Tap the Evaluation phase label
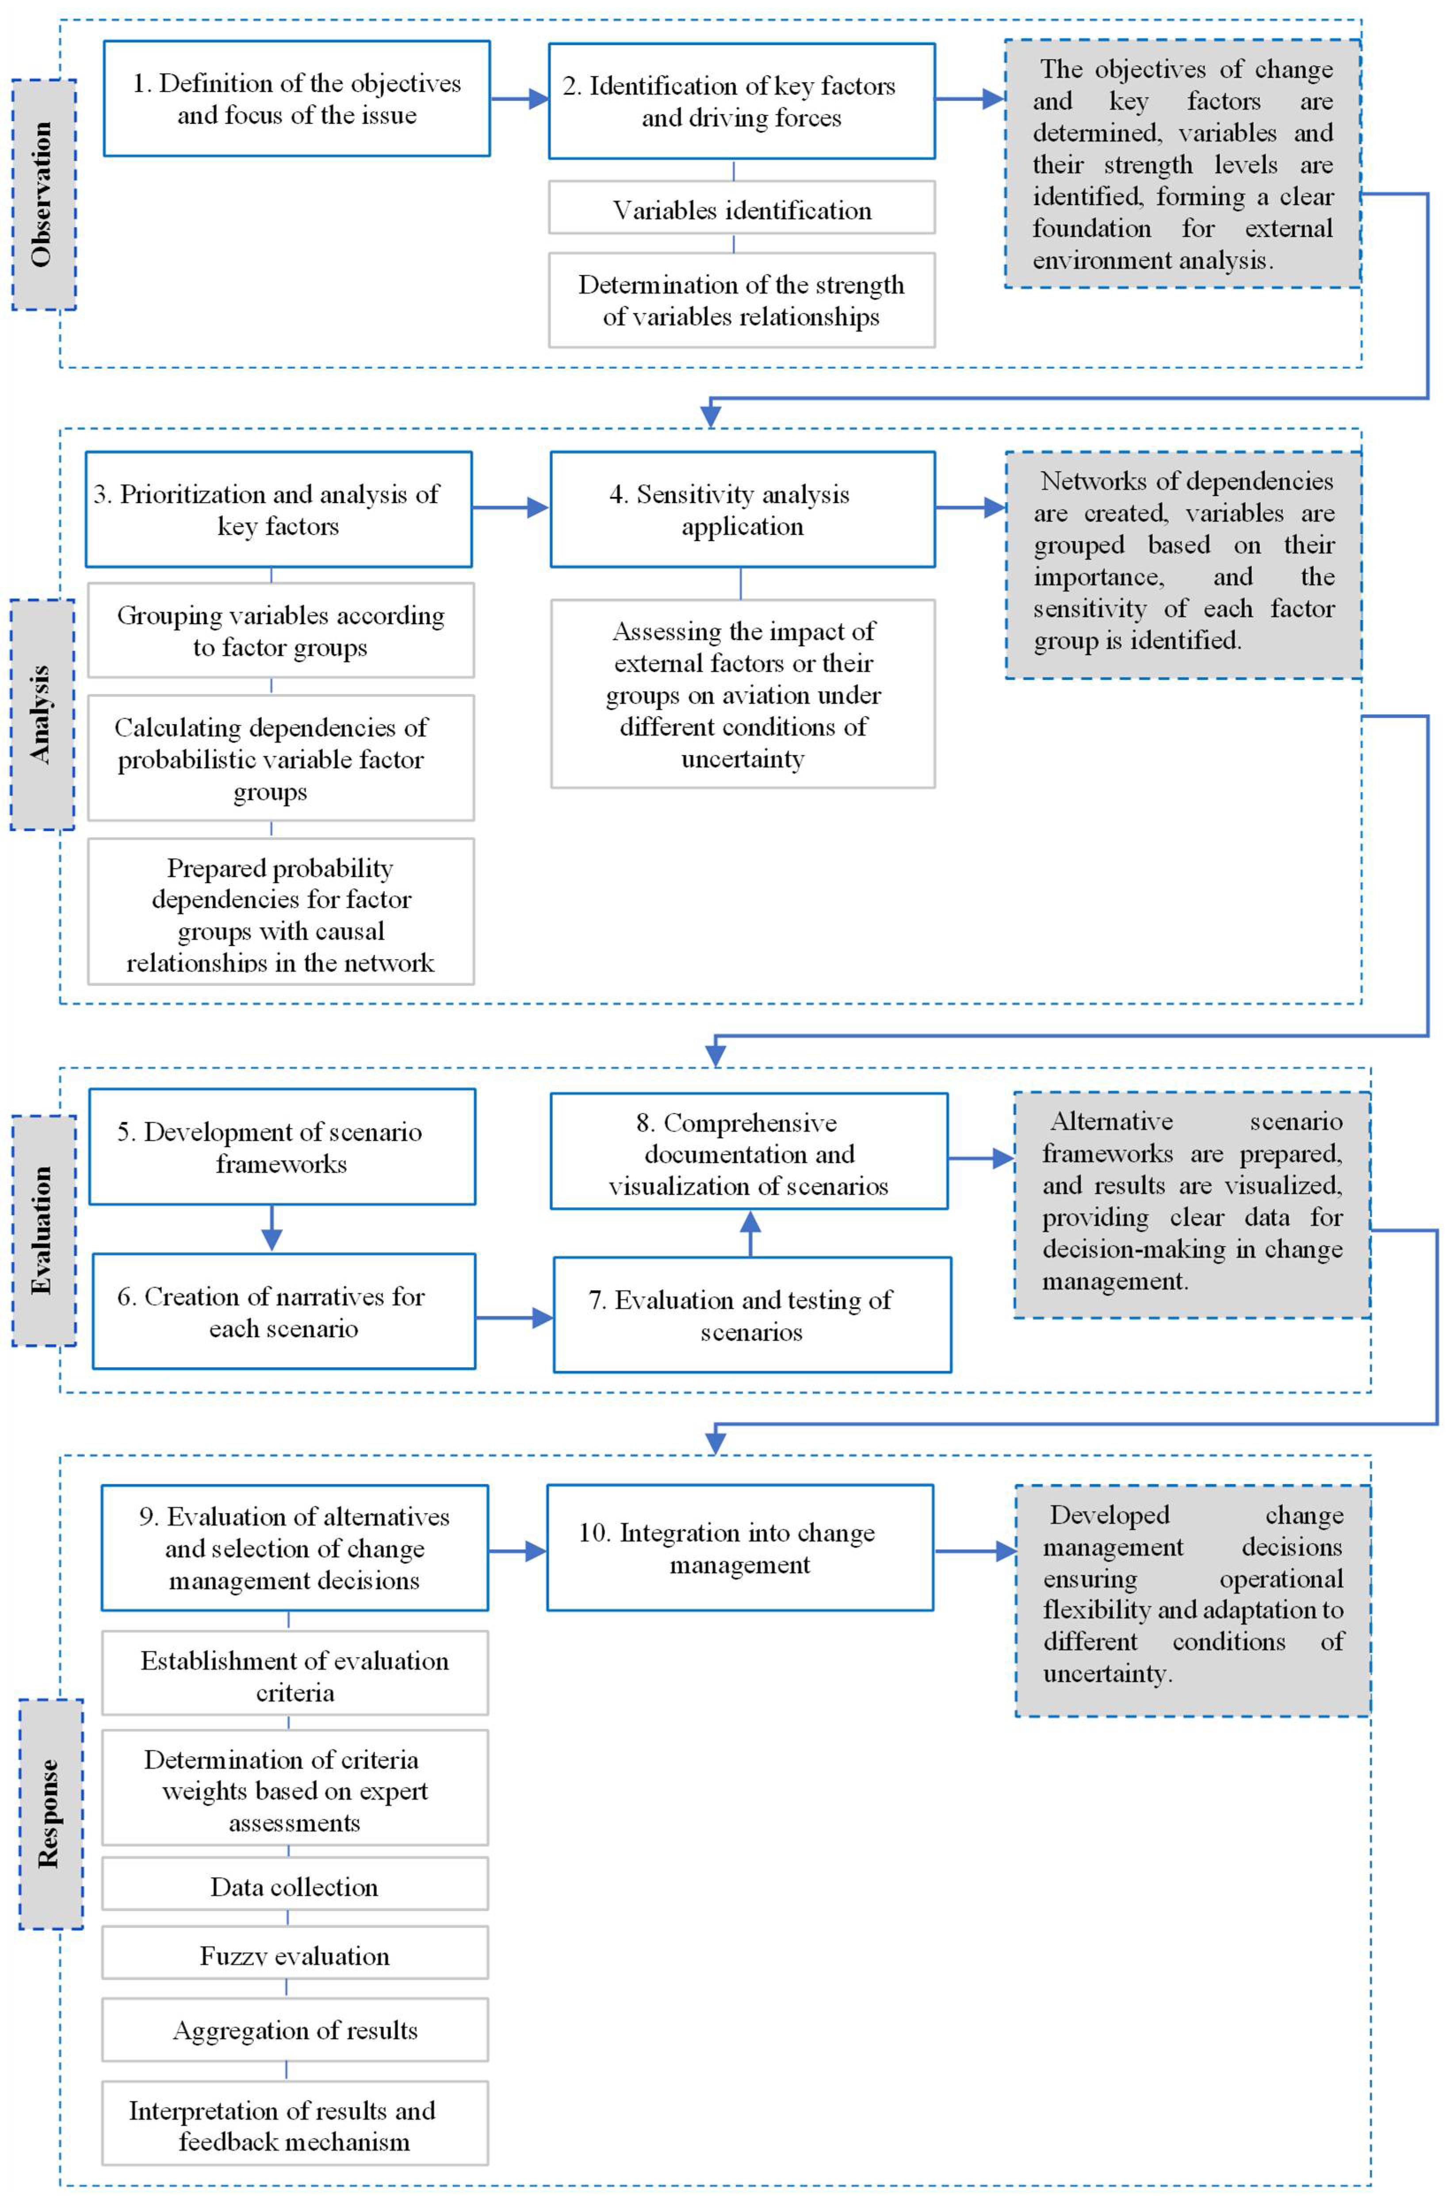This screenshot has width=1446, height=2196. click(43, 1230)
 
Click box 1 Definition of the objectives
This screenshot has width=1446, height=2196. click(296, 99)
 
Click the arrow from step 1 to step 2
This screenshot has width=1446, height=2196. click(519, 99)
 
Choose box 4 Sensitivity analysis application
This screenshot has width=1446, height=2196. click(742, 509)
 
